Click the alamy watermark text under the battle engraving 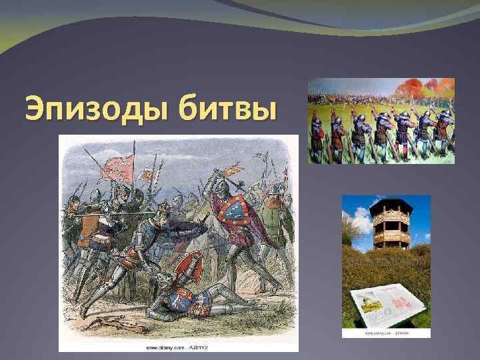179,347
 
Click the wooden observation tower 392,223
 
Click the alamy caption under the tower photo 387,333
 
